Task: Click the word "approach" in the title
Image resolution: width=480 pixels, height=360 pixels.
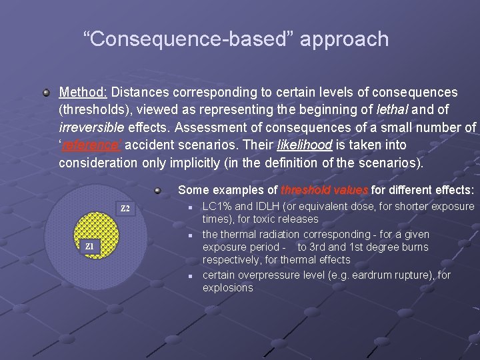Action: pos(344,39)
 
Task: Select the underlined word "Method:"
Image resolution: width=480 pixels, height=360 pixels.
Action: pos(83,92)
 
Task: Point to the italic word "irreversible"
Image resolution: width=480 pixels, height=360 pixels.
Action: pos(89,127)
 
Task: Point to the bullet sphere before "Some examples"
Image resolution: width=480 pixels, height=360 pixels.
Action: pos(158,191)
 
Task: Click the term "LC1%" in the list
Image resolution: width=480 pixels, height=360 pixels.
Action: pos(217,207)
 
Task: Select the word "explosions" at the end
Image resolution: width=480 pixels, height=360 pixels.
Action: pos(227,288)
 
